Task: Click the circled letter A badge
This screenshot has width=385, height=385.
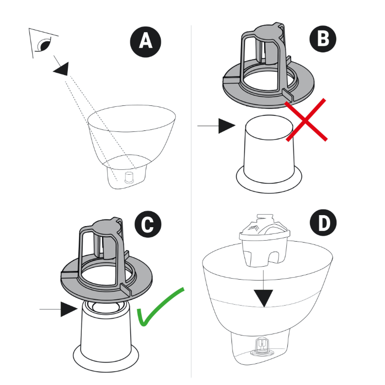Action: click(x=145, y=41)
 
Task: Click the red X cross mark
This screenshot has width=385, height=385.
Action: click(x=307, y=120)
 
